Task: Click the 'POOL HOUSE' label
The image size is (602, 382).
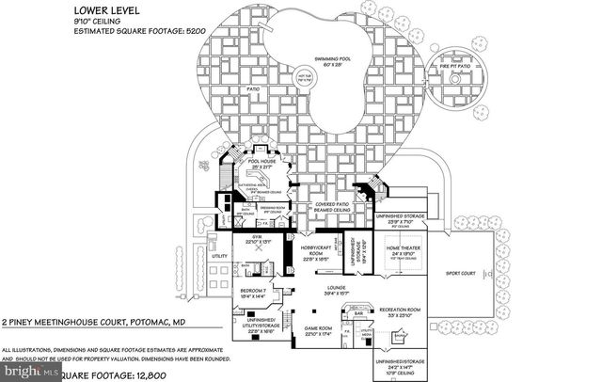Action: click(x=259, y=161)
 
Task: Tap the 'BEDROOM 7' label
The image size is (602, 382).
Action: click(x=256, y=292)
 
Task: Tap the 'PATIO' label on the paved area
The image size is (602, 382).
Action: click(x=252, y=91)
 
